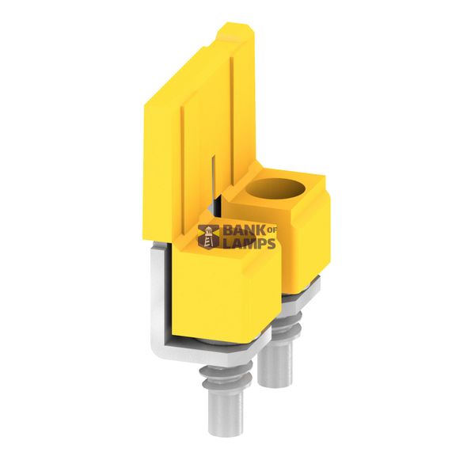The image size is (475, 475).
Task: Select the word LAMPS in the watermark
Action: (249, 243)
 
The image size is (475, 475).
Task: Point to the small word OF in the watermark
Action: (272, 231)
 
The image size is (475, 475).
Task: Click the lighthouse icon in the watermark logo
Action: (208, 237)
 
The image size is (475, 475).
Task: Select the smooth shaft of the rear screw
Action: (275, 363)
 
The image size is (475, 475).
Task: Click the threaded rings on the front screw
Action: (226, 378)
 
